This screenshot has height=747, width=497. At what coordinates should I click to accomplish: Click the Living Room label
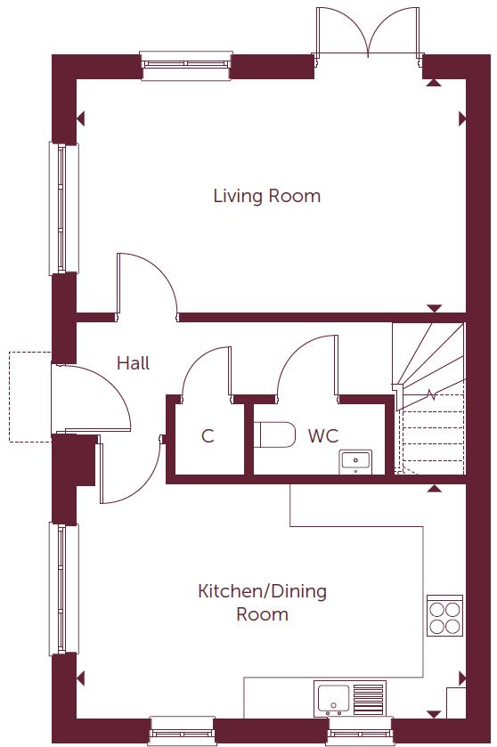pos(266,196)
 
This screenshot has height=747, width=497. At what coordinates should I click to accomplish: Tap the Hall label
pos(133,363)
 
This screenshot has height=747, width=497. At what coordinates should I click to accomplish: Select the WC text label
pos(322,436)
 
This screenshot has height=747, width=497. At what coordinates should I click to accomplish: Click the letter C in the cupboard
pos(208,436)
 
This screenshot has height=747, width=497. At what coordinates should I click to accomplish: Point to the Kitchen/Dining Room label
pos(262,603)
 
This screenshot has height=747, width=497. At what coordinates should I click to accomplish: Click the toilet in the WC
pos(275,435)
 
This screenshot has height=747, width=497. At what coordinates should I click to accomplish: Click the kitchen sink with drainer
pos(349,697)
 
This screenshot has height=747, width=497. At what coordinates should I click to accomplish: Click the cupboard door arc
pos(205,369)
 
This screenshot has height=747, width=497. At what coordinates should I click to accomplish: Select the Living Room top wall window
pos(186,65)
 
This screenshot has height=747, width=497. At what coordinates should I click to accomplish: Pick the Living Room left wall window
pos(63,207)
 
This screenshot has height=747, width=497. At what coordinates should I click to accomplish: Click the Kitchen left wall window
pos(63,589)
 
